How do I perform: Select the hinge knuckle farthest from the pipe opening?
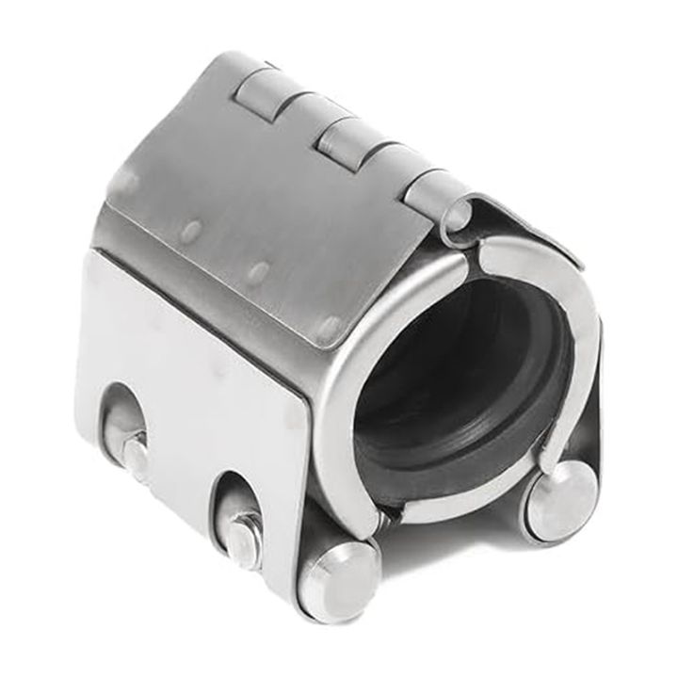pos(258,89)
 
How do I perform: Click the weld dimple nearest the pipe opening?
pos(329,327)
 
